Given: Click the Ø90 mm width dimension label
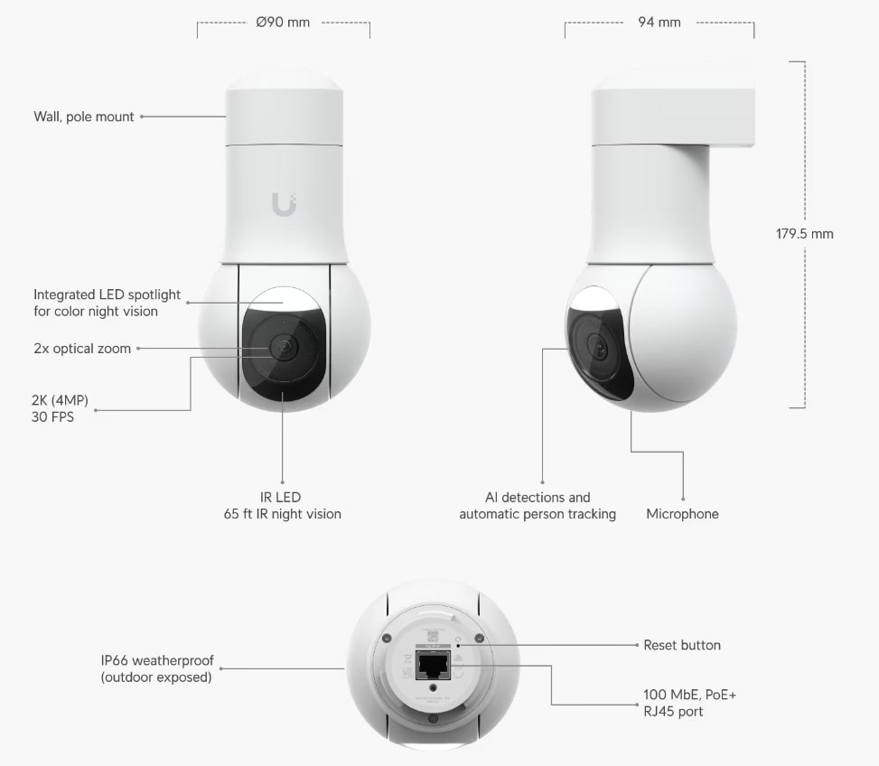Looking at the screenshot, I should (283, 23).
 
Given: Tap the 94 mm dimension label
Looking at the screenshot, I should (659, 23).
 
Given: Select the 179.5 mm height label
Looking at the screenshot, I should (804, 234).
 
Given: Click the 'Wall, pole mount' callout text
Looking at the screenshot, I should (83, 117).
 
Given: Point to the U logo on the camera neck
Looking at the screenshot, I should (283, 205).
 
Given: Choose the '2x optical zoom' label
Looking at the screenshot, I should (82, 349).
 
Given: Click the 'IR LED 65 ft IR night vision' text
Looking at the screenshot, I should (282, 506).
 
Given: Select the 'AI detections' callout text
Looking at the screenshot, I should (538, 506).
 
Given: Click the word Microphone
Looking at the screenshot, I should (682, 514).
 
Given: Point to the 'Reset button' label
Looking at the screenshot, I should (682, 645).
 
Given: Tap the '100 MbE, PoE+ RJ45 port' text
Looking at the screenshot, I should (684, 703).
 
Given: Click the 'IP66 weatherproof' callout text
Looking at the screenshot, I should (157, 669).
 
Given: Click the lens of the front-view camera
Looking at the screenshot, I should (283, 348).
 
